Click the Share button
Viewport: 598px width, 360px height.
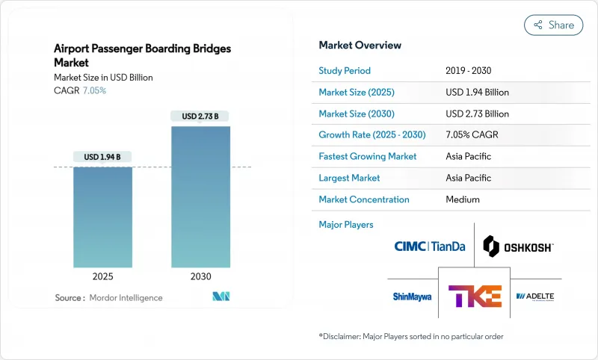click(x=553, y=25)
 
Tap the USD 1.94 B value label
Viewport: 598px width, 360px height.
click(x=102, y=157)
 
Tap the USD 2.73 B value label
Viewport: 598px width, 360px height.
click(x=200, y=116)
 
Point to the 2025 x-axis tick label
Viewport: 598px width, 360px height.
click(x=102, y=276)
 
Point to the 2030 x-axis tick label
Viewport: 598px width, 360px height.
click(x=200, y=276)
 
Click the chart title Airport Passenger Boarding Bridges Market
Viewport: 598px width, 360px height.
click(x=142, y=56)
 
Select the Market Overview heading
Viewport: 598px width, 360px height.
click(x=360, y=46)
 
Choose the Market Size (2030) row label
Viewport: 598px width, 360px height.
click(x=357, y=114)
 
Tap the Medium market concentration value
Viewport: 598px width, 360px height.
click(x=463, y=199)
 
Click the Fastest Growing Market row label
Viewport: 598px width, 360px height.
click(x=367, y=157)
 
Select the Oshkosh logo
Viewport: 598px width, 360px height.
click(x=518, y=246)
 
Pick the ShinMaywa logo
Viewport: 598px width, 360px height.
click(x=412, y=297)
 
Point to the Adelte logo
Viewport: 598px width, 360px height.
click(x=535, y=297)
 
